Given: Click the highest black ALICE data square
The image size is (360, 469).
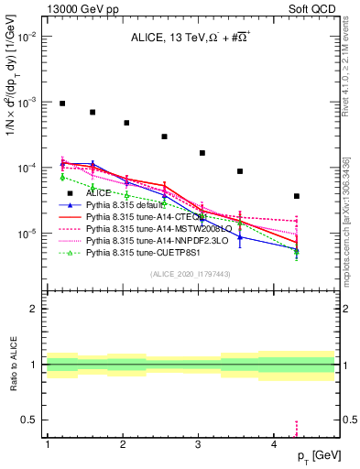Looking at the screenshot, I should point(62,104).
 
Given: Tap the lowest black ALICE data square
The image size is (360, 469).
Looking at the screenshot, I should point(297,196).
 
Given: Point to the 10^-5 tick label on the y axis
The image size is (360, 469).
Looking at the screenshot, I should point(27,234).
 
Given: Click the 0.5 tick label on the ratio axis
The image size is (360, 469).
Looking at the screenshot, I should point(30,420).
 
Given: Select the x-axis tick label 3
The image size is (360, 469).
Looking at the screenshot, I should point(199,445).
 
